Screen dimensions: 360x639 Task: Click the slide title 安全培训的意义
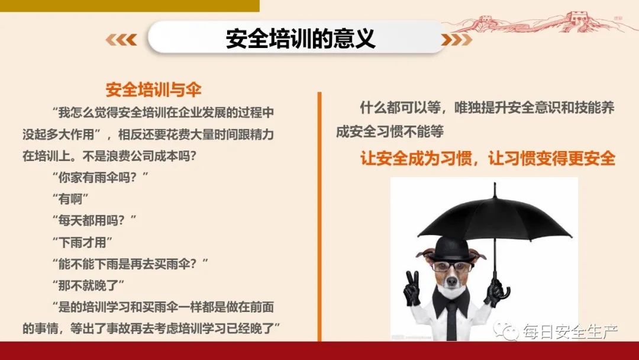(300, 39)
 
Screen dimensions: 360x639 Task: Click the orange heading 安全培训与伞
(153, 90)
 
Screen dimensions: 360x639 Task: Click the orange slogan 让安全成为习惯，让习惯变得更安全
(488, 159)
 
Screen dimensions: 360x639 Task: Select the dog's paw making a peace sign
(412, 287)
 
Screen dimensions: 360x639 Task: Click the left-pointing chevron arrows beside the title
(121, 40)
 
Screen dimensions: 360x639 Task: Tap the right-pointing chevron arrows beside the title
(457, 40)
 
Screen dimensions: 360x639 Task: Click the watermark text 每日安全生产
(570, 332)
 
